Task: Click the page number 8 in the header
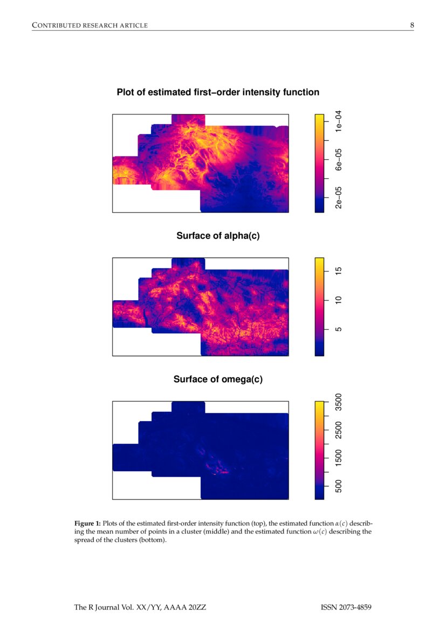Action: (x=411, y=25)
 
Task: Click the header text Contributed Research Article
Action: (x=90, y=25)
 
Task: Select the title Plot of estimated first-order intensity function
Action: (x=218, y=92)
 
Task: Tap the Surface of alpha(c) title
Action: (x=218, y=236)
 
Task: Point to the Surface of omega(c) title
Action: (x=218, y=379)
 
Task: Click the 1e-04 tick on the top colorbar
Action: (x=338, y=121)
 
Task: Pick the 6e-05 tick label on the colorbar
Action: (x=338, y=160)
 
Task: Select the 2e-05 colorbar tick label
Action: (x=338, y=198)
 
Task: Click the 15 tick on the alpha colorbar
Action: (x=338, y=271)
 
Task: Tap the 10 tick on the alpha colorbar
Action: (x=338, y=300)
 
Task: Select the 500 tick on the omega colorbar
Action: (x=338, y=487)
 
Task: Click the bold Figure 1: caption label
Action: (x=87, y=523)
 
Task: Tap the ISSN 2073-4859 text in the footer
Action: (x=346, y=608)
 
